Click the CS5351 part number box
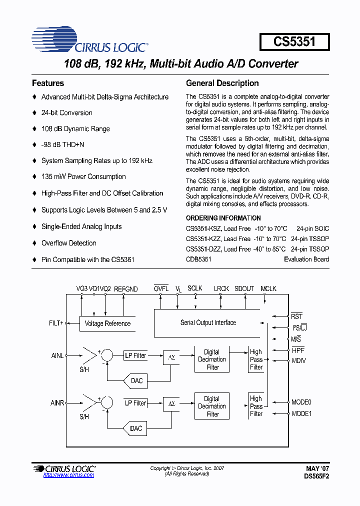tap(294, 41)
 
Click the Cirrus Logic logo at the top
tap(90, 41)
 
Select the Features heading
tap(48, 83)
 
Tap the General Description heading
tap(222, 83)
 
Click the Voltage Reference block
tap(107, 323)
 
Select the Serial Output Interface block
tap(208, 323)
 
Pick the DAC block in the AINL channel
tap(136, 381)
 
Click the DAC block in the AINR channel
tap(136, 428)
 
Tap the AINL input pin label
tap(57, 355)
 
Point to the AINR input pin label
tap(57, 402)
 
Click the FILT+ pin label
tap(56, 323)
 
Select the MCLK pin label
tap(268, 289)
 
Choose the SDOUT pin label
tap(244, 289)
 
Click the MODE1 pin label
tap(301, 413)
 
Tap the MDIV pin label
tap(298, 360)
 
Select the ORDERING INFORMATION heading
tap(223, 218)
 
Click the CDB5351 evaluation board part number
tap(198, 259)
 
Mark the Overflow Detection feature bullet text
tap(68, 243)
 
